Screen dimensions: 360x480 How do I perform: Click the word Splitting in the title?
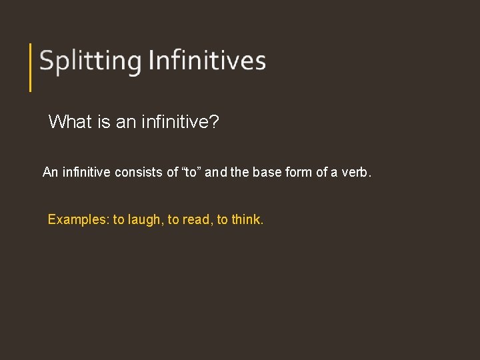tap(90, 61)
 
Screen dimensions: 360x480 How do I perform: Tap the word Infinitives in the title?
tap(207, 61)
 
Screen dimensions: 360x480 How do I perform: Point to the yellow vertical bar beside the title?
tap(31, 67)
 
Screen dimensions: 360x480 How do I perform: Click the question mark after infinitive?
tap(214, 121)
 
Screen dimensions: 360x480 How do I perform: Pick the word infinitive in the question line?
tap(175, 121)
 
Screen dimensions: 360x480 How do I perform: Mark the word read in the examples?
tap(195, 219)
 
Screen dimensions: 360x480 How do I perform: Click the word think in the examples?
tap(247, 219)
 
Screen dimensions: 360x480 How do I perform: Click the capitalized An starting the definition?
tap(50, 173)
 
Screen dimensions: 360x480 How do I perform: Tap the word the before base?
tap(241, 173)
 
